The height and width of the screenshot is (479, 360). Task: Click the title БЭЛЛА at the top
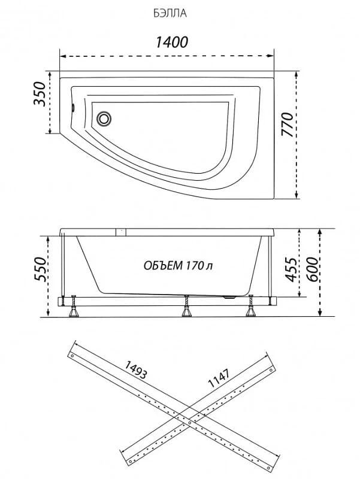point(170,13)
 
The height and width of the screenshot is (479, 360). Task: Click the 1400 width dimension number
point(172,42)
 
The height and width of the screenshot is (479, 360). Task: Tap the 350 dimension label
point(40,94)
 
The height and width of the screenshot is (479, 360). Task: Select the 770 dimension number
point(287,125)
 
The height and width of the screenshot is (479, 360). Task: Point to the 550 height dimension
point(40,269)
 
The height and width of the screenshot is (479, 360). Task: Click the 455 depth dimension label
point(291,269)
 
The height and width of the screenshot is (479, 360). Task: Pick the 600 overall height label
point(311,269)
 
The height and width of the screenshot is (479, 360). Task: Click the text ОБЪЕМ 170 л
point(178,265)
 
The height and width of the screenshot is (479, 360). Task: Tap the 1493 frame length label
point(136,369)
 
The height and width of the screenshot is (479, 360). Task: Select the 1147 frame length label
point(218,378)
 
